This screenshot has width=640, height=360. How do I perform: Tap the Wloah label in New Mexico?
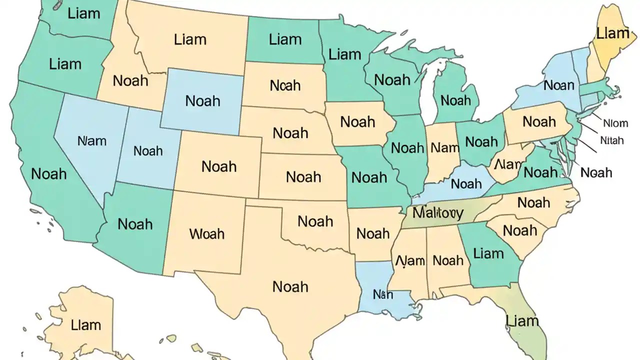point(207,233)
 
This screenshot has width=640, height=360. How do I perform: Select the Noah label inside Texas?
point(290,286)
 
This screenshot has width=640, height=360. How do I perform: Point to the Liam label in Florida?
point(522,320)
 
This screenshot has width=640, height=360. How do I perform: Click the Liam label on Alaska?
point(85,325)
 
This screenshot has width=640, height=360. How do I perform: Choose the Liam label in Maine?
point(612,33)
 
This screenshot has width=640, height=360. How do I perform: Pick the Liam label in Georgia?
point(488,253)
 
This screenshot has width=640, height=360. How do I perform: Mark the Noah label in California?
point(49,174)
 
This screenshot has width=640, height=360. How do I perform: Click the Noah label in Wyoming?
point(202,100)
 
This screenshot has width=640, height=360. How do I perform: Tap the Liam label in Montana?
point(190,39)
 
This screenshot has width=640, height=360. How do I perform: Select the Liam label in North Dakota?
point(285,39)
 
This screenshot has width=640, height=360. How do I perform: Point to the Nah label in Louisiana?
point(383,294)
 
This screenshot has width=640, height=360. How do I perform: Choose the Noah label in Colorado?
point(219,166)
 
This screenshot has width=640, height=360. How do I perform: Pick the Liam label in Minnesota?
point(345,54)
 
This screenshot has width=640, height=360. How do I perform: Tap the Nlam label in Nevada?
point(92,141)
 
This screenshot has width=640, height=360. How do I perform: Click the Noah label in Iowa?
point(357,121)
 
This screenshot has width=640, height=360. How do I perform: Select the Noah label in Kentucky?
point(466,184)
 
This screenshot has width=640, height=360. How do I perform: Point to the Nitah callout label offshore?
point(612,140)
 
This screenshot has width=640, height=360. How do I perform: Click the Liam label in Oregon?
point(65,63)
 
